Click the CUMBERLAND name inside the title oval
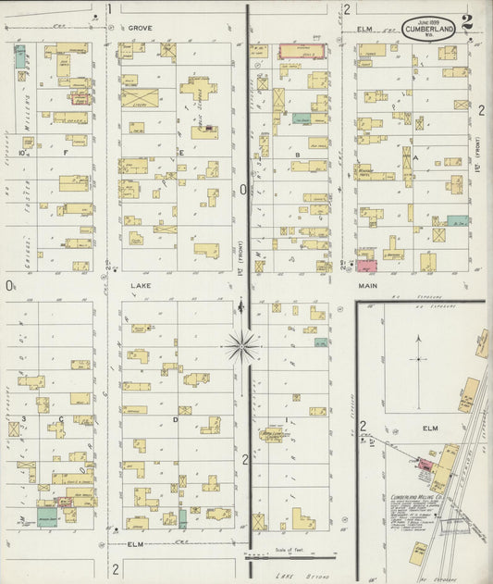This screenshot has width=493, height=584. (x=429, y=31)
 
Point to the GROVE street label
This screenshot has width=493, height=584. (x=140, y=29)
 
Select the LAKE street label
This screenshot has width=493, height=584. (x=140, y=287)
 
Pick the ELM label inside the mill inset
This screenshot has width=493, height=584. (x=429, y=429)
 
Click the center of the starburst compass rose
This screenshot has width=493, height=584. (x=242, y=346)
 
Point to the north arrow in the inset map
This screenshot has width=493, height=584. (x=420, y=350)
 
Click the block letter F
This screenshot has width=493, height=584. (x=66, y=152)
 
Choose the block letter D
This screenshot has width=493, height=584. (x=175, y=419)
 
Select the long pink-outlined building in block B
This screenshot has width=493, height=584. (x=302, y=51)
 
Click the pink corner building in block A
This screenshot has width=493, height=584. (x=367, y=266)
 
